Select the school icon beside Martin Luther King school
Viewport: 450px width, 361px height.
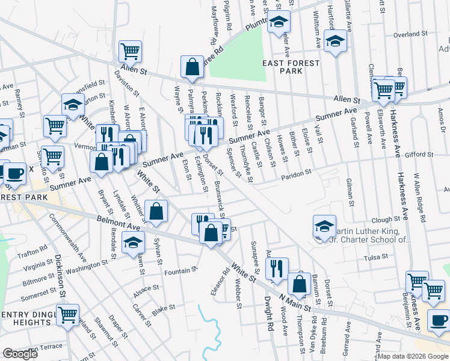click(324, 227)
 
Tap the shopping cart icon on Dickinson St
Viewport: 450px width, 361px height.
click(67, 314)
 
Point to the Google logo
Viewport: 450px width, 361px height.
click(20, 354)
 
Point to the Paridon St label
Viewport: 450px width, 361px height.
click(297, 174)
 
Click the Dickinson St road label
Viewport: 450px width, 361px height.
click(60, 277)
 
